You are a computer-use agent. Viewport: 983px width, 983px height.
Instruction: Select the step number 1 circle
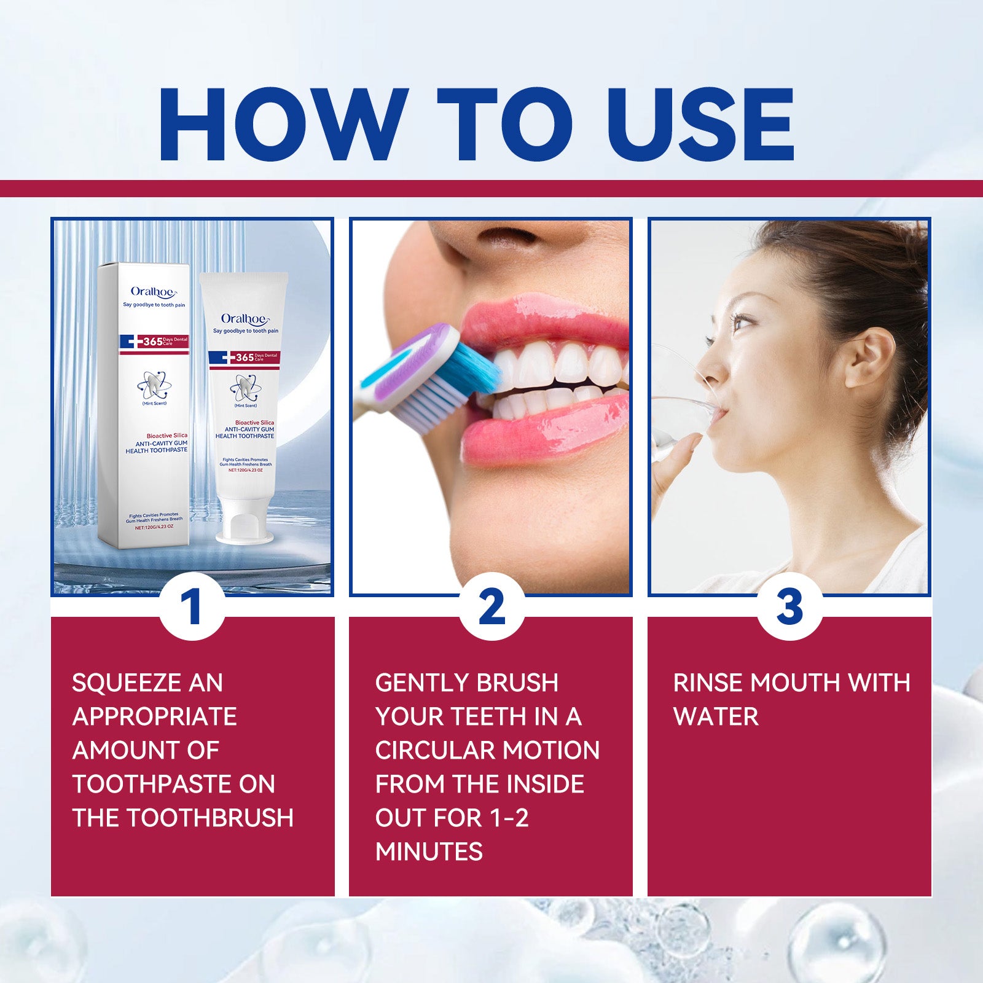click(192, 606)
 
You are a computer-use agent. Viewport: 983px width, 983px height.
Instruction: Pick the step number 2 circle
click(491, 606)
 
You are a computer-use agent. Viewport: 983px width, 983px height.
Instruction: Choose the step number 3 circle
click(789, 606)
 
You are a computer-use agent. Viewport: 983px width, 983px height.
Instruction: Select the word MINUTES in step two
click(429, 852)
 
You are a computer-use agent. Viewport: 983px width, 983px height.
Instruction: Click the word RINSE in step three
click(707, 683)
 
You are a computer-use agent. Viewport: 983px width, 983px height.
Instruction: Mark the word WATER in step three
click(716, 717)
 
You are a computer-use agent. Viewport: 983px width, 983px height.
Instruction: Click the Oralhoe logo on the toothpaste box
click(153, 292)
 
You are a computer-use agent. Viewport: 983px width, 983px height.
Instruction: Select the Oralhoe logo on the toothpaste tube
click(245, 319)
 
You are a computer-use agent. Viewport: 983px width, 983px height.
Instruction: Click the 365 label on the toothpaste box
click(153, 342)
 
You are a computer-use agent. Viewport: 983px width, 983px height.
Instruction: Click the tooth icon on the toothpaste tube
click(244, 387)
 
